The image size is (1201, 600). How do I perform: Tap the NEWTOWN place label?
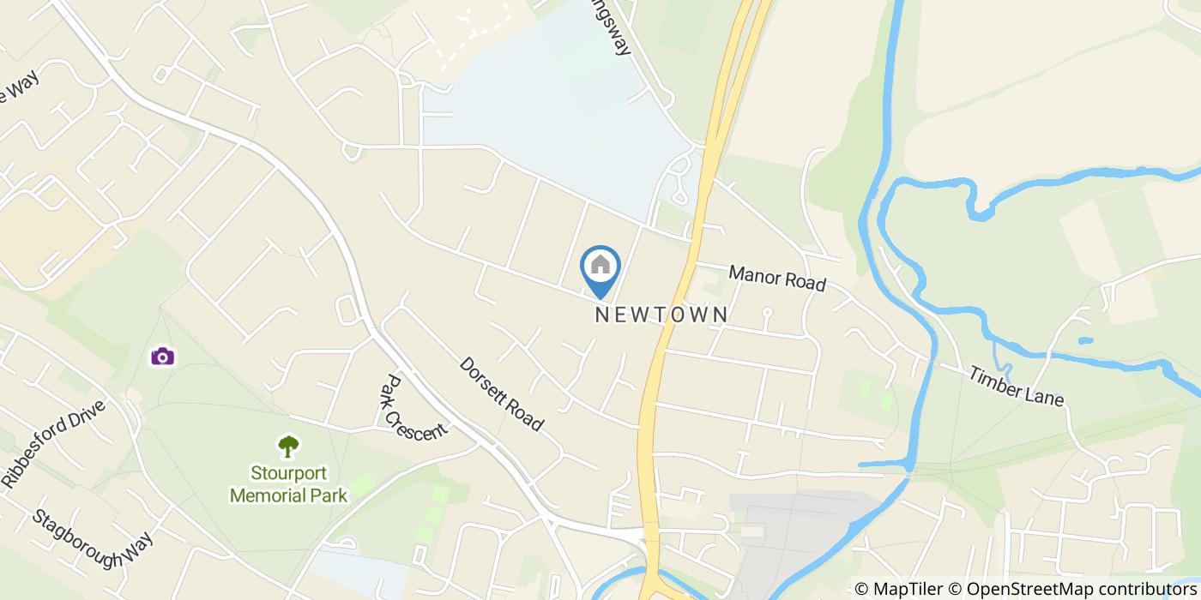tap(662, 315)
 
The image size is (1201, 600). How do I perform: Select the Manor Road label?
tap(777, 278)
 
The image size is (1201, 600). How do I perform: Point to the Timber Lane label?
tap(1017, 387)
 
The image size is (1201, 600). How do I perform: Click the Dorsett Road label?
tap(502, 393)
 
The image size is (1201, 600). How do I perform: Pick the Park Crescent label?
tap(413, 407)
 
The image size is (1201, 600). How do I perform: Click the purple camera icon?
tap(162, 356)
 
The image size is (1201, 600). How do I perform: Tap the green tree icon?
tap(288, 447)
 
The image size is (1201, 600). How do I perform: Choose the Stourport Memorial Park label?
tap(288, 484)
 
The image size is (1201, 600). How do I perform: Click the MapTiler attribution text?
tap(901, 589)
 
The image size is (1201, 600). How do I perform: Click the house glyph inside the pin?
tap(600, 264)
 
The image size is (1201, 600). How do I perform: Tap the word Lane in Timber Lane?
tap(1045, 395)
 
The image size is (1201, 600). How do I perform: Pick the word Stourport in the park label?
tap(288, 473)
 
